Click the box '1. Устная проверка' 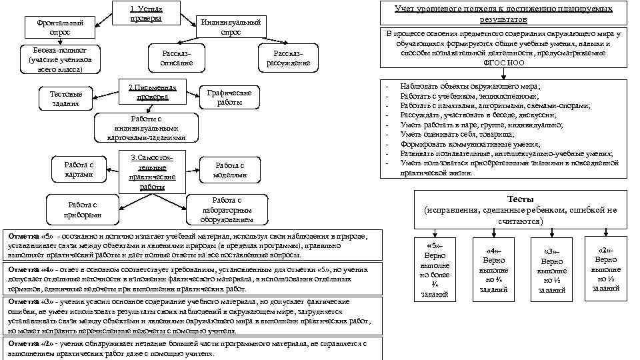tap(147, 14)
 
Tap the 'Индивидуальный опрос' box tap(231, 27)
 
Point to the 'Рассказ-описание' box tap(176, 58)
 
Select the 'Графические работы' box tap(229, 98)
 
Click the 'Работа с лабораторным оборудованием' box tap(226, 209)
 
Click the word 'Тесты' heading tap(520, 199)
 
